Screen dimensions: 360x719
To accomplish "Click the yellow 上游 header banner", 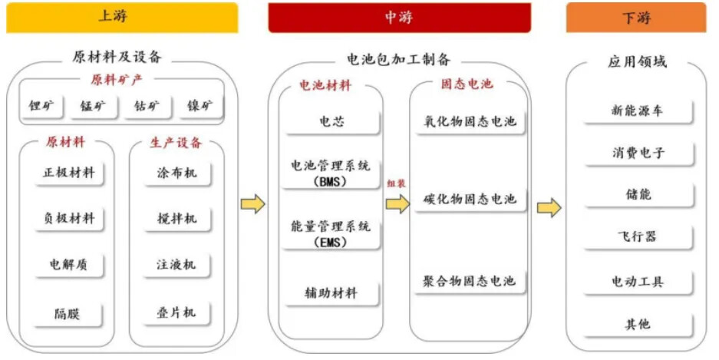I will (121, 17).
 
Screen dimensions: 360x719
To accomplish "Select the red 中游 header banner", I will (398, 17).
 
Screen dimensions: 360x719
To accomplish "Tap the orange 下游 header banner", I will (635, 17).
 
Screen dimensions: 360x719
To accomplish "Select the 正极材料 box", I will (69, 173).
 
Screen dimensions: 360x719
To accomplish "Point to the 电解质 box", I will (69, 265).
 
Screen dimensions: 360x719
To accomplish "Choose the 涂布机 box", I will (176, 173).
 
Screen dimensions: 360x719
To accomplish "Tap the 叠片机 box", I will (176, 312).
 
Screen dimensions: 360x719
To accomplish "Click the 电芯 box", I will (331, 121).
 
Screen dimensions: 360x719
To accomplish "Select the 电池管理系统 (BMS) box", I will (331, 173).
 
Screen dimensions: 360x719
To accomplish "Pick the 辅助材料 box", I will (331, 292).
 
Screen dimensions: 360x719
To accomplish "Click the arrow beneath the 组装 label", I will (397, 204).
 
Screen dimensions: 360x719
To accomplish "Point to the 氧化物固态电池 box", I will (469, 121).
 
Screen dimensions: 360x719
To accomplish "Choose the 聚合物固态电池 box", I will (469, 282).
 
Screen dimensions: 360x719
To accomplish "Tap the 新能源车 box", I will (637, 111).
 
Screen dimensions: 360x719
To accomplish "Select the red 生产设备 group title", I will (176, 143).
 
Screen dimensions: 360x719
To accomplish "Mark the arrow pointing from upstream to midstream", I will (252, 204).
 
